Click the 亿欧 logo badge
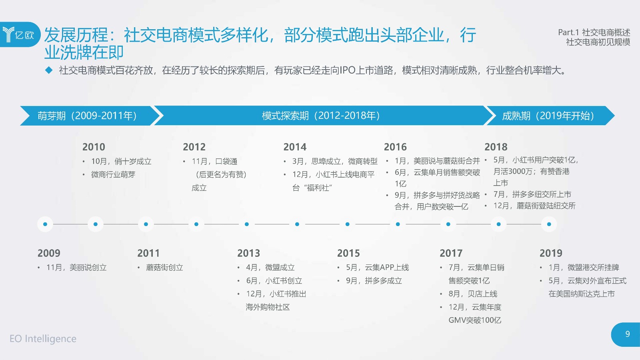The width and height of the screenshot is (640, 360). (20, 34)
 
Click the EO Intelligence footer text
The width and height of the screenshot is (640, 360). (43, 338)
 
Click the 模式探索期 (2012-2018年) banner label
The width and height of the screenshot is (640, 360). (321, 116)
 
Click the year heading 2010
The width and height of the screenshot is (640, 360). (94, 147)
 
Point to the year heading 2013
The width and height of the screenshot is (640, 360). (248, 253)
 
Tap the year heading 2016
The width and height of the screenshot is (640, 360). (395, 147)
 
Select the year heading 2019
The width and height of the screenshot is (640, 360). (551, 253)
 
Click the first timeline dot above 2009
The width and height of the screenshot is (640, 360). (45, 224)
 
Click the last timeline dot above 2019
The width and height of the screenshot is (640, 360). (549, 224)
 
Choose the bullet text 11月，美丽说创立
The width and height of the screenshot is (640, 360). (76, 268)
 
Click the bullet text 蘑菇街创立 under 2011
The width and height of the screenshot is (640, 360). (164, 268)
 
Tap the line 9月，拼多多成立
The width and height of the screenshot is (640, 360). (374, 281)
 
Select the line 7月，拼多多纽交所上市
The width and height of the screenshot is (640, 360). (532, 194)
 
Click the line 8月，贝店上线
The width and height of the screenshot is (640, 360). (473, 294)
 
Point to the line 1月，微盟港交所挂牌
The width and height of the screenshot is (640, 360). (584, 268)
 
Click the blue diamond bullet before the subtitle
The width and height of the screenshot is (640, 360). (49, 70)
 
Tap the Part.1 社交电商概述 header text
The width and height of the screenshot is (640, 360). (594, 32)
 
